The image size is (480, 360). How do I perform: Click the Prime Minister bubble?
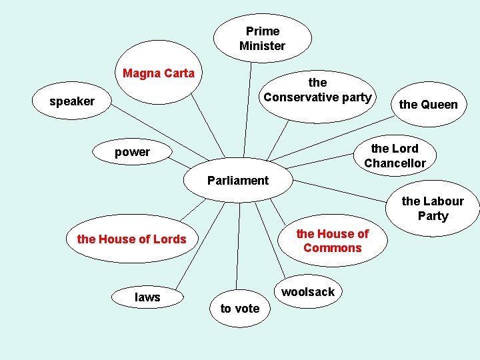(262, 38)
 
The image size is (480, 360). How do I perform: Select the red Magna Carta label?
(159, 73)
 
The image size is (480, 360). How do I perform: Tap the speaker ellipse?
(72, 101)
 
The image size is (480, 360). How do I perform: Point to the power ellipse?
(132, 152)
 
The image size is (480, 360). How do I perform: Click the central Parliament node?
(238, 181)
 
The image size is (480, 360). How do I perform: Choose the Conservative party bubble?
(317, 91)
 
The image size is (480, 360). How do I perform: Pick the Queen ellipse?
(429, 104)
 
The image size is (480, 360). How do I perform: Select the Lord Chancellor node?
(395, 156)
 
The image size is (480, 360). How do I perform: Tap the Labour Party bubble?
(433, 208)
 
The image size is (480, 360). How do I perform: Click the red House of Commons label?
(332, 241)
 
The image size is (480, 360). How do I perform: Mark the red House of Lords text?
(132, 239)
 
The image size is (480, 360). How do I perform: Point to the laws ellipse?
(147, 297)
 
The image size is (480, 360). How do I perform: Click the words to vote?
(240, 308)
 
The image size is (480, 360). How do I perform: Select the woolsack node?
(308, 292)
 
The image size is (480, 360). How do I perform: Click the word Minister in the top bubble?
(262, 46)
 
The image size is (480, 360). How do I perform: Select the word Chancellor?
(395, 163)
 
